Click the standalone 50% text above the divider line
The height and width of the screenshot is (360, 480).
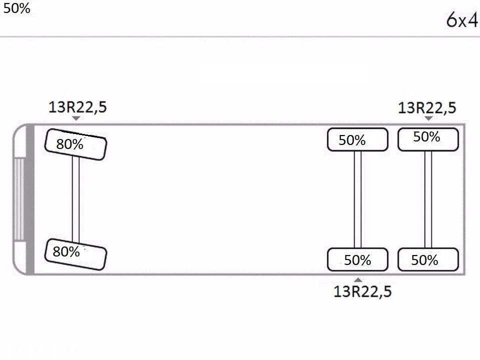tap(17, 8)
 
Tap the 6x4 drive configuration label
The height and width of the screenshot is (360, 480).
tap(462, 20)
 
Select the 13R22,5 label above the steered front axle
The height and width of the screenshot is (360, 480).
tap(78, 107)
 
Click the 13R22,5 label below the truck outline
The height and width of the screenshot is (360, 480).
tap(362, 291)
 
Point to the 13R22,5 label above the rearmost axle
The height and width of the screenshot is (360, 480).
tap(427, 108)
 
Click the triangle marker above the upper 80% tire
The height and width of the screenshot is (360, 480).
tap(76, 118)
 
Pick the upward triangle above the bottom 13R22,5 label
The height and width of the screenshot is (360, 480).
tap(358, 279)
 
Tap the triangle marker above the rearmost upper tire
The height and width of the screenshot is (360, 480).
tap(428, 118)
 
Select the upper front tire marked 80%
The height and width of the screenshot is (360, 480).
tap(76, 144)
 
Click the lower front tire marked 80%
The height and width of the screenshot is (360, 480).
tap(76, 254)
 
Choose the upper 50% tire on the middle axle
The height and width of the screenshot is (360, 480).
tap(357, 139)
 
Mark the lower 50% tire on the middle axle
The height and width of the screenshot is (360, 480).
tap(357, 259)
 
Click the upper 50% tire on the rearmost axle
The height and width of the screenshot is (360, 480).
tap(428, 139)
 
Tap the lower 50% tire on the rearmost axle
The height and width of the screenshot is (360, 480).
tap(428, 259)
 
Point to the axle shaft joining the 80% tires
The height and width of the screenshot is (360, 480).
tap(76, 199)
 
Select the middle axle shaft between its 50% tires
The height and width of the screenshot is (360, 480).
tap(357, 199)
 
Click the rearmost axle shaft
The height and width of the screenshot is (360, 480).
tap(428, 199)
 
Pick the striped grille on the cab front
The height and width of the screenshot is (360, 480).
tap(19, 199)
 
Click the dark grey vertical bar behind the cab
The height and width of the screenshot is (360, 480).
tap(30, 199)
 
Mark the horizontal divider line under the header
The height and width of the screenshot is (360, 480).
tap(240, 36)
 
